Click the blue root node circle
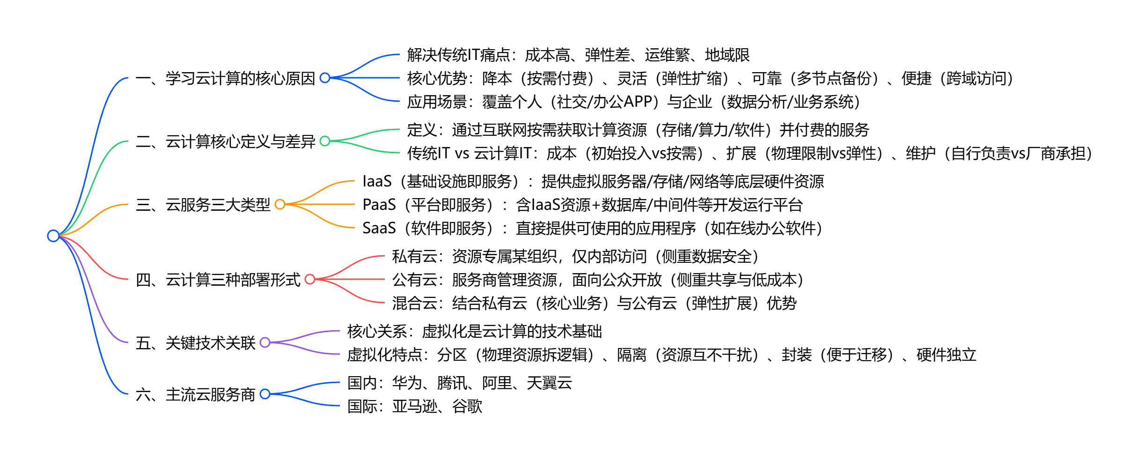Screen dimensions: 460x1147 coord(53,236)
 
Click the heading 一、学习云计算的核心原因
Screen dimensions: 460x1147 coord(225,78)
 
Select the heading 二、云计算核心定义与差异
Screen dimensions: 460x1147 coord(225,141)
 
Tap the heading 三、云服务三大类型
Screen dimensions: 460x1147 coord(203,205)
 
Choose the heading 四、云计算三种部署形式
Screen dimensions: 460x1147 coord(218,280)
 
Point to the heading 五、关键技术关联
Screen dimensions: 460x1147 coord(195,343)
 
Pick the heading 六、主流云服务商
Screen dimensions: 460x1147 coord(195,394)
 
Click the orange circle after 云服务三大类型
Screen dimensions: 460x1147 coord(280,204)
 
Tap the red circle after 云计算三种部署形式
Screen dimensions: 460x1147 coord(310,279)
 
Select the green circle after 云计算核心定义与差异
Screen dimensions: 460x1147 coord(325,141)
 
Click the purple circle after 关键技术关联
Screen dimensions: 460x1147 coord(265,342)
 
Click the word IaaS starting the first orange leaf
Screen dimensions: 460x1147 coord(377,181)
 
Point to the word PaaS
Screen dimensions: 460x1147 coord(379,205)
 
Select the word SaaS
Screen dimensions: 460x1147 coord(379,228)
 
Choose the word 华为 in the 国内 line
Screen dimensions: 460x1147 coord(407,383)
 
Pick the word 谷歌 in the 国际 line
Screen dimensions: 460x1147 coord(467,406)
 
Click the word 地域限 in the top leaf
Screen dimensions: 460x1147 coord(727,55)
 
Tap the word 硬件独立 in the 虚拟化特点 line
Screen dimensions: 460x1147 coord(946,355)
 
